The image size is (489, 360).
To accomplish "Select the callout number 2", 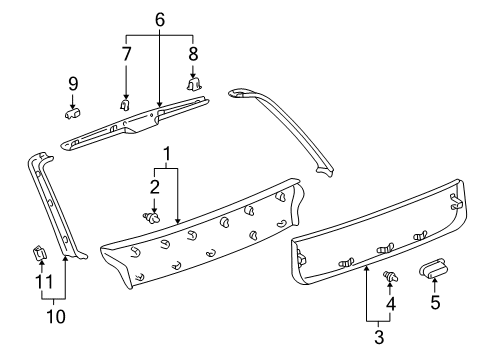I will pyautogui.click(x=154, y=187).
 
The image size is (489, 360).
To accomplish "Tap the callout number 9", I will pyautogui.click(x=72, y=82).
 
